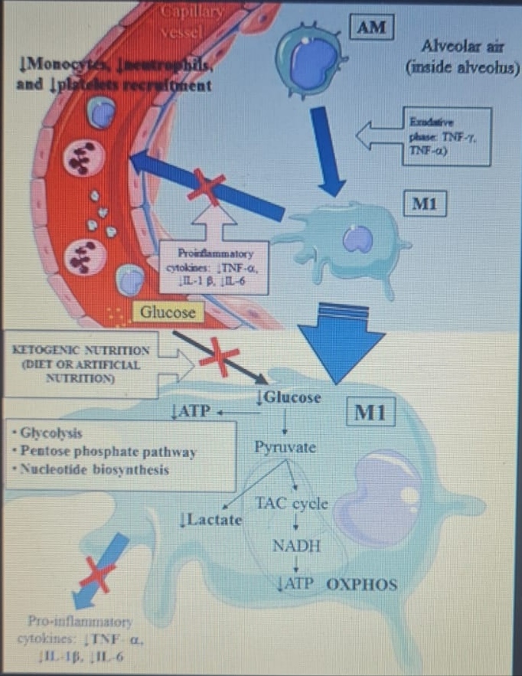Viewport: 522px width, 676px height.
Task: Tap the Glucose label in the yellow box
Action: click(168, 312)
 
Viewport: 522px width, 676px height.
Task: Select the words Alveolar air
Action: click(456, 45)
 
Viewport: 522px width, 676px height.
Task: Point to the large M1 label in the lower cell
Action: click(371, 414)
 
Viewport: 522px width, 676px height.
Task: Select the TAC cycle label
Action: click(292, 504)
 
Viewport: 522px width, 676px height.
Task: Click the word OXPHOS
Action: click(362, 586)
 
